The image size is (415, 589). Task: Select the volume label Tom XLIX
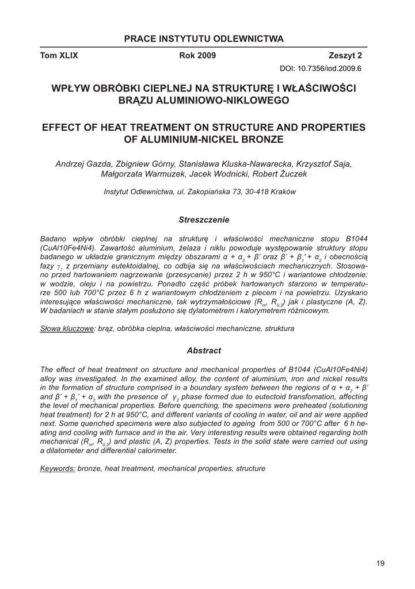tap(59, 56)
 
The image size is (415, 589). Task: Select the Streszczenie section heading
tap(204, 220)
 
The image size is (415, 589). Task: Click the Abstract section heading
tap(204, 350)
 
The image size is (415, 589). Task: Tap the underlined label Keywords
tap(58, 469)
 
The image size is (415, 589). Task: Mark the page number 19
tap(380, 563)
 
